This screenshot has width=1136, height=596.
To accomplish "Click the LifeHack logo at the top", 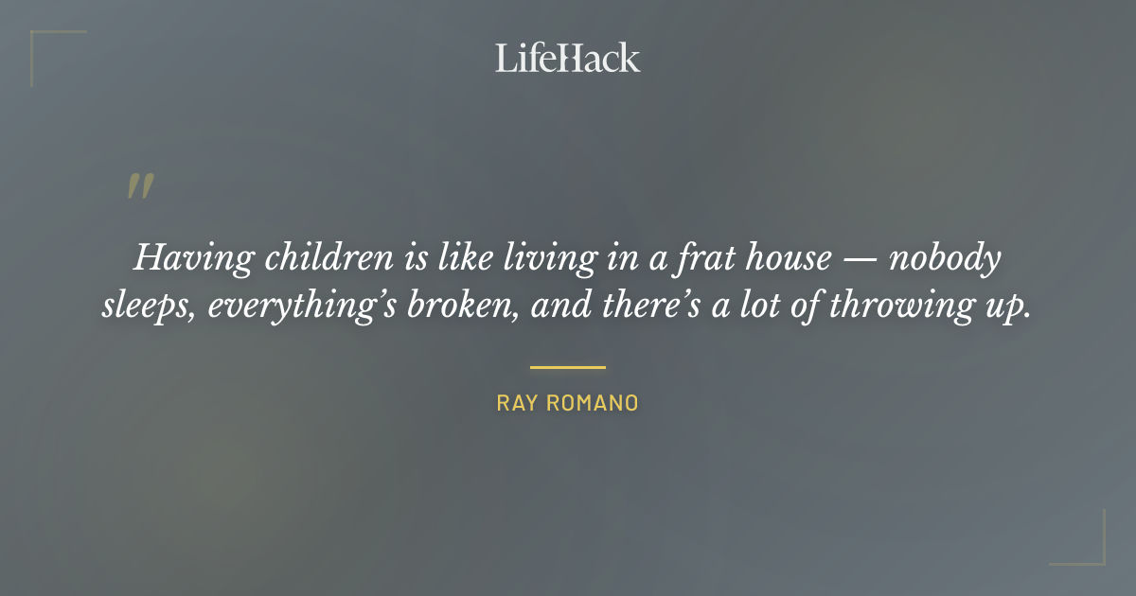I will [x=568, y=58].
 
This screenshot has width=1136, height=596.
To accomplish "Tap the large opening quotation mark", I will [x=140, y=185].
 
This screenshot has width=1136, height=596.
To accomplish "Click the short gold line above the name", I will [x=568, y=367].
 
